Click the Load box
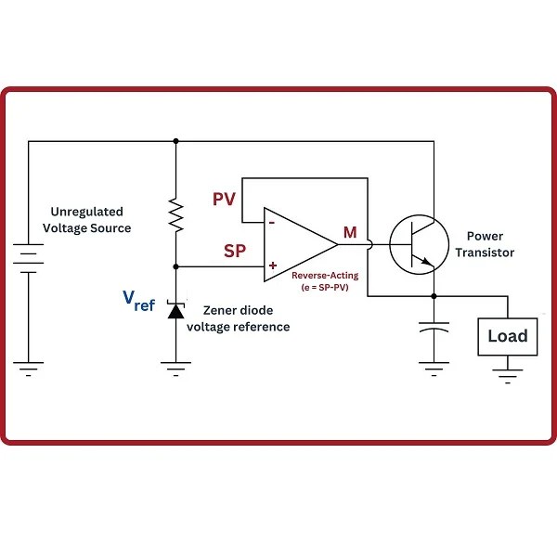pos(508,335)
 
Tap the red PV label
pos(225,200)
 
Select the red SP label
pos(235,252)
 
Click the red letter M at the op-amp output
pos(350,232)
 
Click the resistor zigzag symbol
pos(175,215)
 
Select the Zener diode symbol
pos(175,308)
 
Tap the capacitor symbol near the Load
pos(434,329)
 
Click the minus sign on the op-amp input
pos(271,223)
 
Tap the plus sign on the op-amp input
pos(272,266)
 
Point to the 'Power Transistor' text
pos(489,244)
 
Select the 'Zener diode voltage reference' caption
pos(238,318)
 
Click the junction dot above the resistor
pos(175,141)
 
